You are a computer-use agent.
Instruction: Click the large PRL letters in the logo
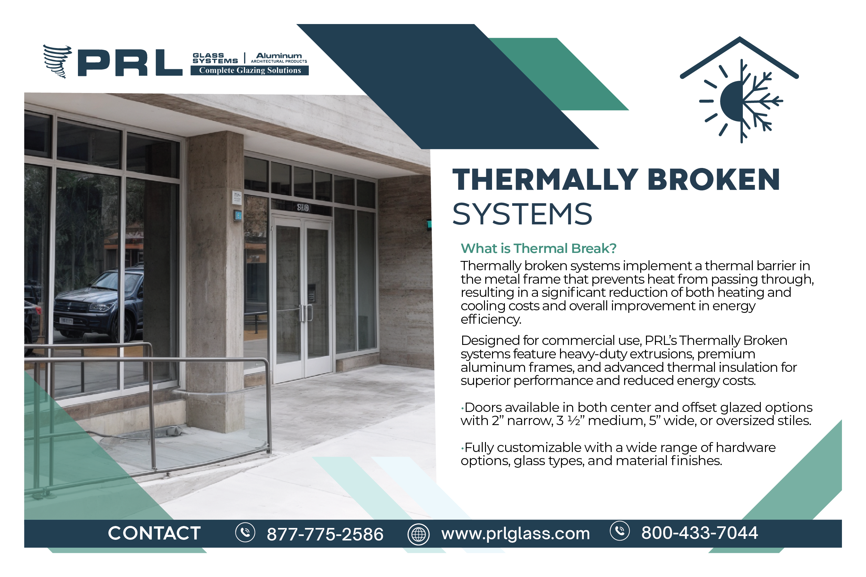click(x=130, y=63)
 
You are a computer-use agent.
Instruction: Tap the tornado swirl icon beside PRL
click(x=57, y=62)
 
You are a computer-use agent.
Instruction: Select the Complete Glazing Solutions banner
click(x=250, y=70)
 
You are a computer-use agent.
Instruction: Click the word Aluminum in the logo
click(x=279, y=55)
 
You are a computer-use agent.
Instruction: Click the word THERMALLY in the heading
click(x=545, y=180)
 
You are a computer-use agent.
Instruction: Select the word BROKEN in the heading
click(x=713, y=180)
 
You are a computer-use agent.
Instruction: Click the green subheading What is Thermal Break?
click(x=538, y=248)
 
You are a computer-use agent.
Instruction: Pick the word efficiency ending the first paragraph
click(x=491, y=319)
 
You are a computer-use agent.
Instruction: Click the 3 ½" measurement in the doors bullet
click(x=570, y=420)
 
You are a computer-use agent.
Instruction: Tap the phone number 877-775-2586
click(x=325, y=534)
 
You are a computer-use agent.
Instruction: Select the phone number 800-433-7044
click(x=700, y=533)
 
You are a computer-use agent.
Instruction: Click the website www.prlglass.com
click(x=515, y=534)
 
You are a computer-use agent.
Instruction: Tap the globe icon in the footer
click(x=418, y=534)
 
